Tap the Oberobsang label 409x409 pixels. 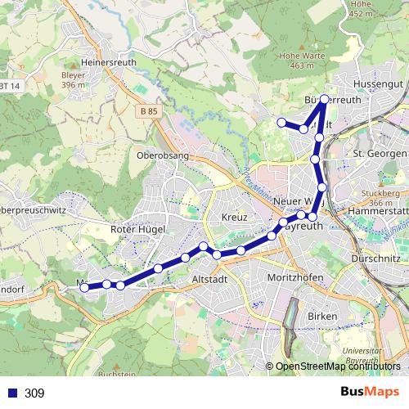click(x=164, y=155)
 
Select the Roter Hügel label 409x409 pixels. click(x=138, y=230)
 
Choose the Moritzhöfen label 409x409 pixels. click(x=297, y=279)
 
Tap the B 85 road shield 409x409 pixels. click(x=148, y=110)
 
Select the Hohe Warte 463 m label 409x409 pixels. click(x=296, y=61)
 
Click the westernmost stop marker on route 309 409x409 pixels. click(x=84, y=286)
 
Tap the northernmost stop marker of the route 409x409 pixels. click(x=324, y=99)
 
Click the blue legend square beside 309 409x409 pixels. click(x=13, y=393)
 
